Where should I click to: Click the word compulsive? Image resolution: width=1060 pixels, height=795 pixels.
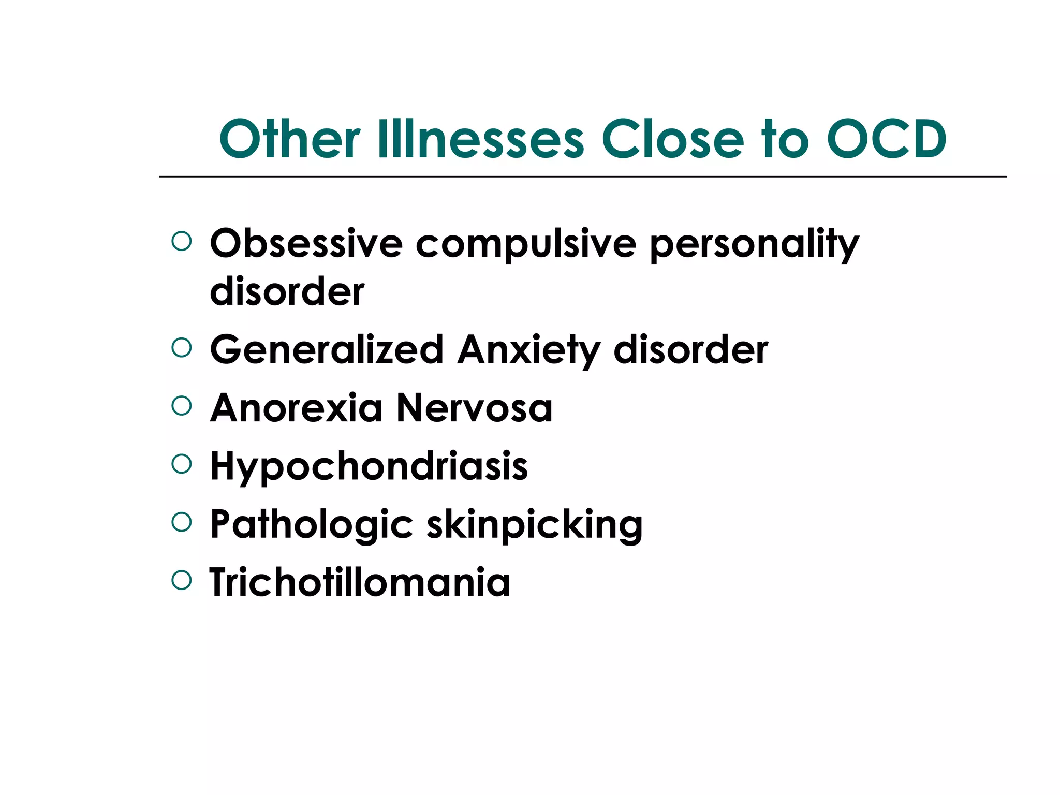click(x=526, y=243)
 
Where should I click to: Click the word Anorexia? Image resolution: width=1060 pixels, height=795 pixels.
click(x=296, y=408)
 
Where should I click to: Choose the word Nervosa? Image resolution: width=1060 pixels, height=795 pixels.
click(x=474, y=408)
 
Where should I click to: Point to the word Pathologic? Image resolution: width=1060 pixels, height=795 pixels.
click(x=312, y=525)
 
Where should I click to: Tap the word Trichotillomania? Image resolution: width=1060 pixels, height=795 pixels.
click(x=360, y=582)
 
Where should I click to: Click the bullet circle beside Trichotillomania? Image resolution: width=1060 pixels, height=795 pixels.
click(x=181, y=581)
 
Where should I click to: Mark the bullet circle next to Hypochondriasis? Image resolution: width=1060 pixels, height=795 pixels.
click(x=181, y=464)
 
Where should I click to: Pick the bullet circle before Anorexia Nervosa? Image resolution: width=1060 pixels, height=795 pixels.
click(x=181, y=406)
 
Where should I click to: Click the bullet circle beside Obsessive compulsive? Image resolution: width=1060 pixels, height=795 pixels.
click(x=181, y=241)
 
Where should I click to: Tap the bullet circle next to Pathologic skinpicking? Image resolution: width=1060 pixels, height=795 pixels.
click(x=181, y=522)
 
